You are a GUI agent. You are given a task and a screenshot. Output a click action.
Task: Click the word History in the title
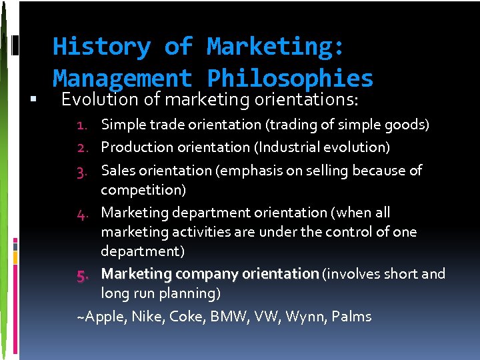pyautogui.click(x=101, y=47)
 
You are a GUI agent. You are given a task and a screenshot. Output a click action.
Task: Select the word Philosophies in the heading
pyautogui.click(x=290, y=79)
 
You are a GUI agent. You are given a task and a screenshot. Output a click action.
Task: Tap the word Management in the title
pyautogui.click(x=122, y=79)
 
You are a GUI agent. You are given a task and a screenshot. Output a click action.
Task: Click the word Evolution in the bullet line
pyautogui.click(x=109, y=100)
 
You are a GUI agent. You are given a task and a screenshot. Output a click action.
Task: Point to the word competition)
pyautogui.click(x=143, y=190)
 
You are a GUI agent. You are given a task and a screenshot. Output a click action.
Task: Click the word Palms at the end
pyautogui.click(x=351, y=317)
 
